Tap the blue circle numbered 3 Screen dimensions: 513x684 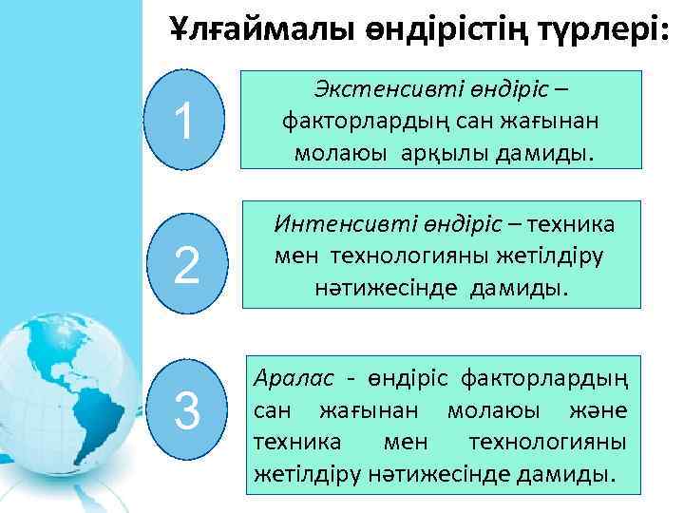coord(187,411)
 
